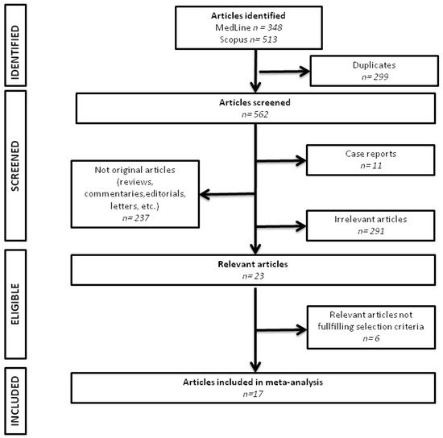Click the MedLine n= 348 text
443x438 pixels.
tap(257, 28)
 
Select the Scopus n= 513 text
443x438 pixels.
tap(257, 40)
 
